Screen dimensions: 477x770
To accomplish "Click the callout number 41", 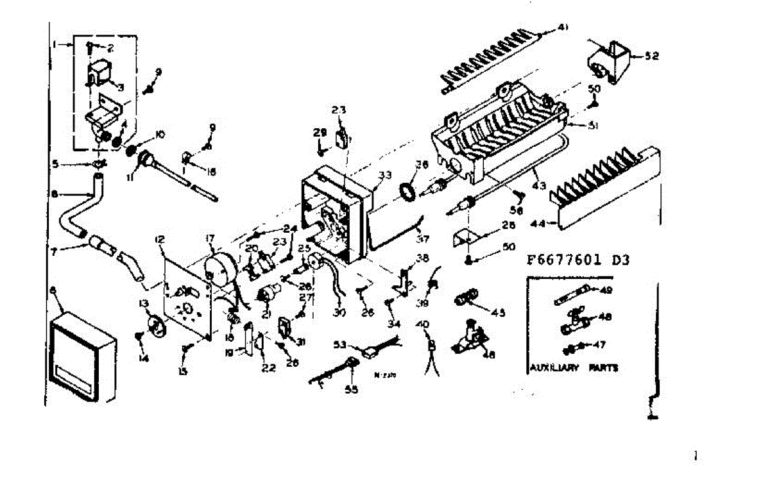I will click(x=563, y=27).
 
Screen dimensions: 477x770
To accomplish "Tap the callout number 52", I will click(x=653, y=56).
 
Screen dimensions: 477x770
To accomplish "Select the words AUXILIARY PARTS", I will click(x=573, y=368).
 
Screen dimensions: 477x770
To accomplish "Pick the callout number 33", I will click(x=384, y=174).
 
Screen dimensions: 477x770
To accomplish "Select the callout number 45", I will click(x=498, y=313).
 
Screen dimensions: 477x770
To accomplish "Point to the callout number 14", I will click(x=143, y=358).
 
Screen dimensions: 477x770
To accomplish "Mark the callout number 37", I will click(x=422, y=240).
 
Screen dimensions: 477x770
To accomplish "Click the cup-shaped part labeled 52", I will click(x=608, y=60).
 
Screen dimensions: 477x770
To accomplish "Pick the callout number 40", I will click(x=422, y=323).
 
